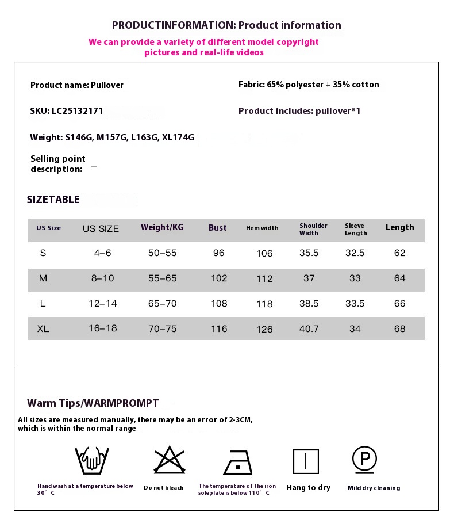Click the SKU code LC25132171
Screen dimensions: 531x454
[x=67, y=111]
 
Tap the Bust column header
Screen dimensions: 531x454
[x=217, y=228]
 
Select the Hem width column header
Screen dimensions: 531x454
[x=262, y=228]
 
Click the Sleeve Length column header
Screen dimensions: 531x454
[x=356, y=229]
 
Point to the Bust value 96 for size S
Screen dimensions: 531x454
[x=219, y=253]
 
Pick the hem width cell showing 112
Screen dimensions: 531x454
[x=264, y=278]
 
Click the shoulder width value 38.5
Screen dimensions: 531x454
[x=309, y=304]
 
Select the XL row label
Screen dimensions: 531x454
[x=43, y=329]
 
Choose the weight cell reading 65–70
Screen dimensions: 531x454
[x=162, y=304]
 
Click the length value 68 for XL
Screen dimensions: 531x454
[x=399, y=329]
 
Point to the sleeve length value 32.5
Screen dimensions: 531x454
[x=355, y=253]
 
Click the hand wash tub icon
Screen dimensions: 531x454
[x=92, y=460]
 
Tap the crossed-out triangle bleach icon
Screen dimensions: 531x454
[x=169, y=460]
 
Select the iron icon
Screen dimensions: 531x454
[x=238, y=462]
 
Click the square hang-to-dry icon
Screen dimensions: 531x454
[x=306, y=461]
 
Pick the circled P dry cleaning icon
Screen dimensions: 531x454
[x=364, y=460]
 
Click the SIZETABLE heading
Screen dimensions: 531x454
[x=53, y=200]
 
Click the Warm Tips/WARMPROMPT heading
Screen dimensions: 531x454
[x=93, y=403]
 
